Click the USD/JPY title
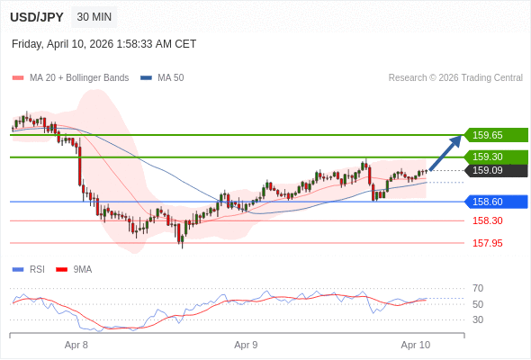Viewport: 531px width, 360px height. [36, 17]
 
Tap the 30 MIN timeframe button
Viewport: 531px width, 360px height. [94, 17]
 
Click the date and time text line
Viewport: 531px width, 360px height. [103, 43]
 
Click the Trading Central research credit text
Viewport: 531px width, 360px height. [455, 77]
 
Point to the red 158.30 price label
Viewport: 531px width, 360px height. [487, 220]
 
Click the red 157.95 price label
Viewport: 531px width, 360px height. [487, 243]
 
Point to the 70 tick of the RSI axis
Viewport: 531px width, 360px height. [478, 288]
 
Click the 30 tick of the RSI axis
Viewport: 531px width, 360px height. [478, 319]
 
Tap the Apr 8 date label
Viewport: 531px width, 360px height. [76, 345]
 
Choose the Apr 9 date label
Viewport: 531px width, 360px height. [246, 345]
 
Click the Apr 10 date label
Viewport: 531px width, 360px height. [415, 345]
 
